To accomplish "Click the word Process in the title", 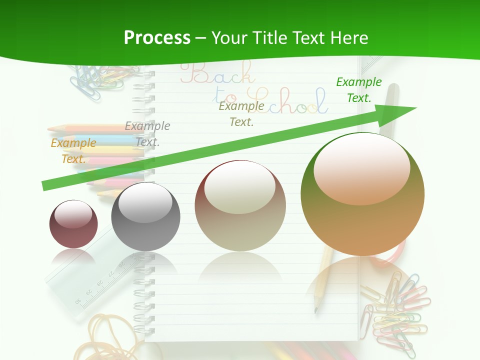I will point(157,38).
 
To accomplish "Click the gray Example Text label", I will point(147,134).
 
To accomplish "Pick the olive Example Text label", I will point(241,113).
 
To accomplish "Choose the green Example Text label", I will point(358,90).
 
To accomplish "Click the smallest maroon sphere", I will point(73,224).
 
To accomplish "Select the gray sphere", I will point(145,216).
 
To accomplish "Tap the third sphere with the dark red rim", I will point(240,205).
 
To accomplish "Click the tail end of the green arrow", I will point(45,186).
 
